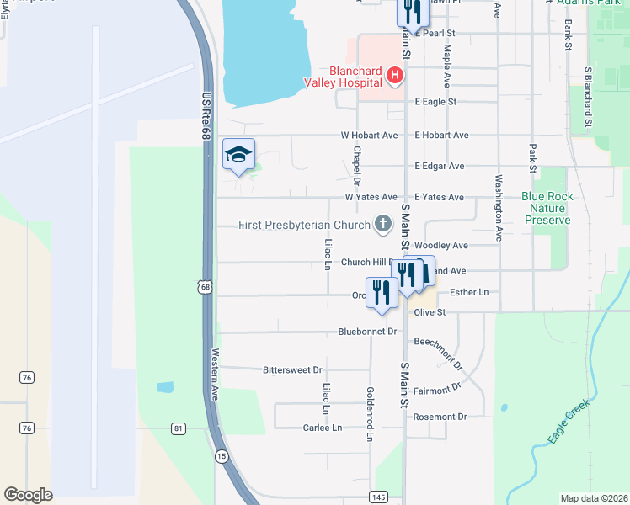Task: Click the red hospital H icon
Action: coord(394,77)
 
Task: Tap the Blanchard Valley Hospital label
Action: coord(344,77)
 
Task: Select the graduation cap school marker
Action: coord(238,155)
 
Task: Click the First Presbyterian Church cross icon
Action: coord(383,224)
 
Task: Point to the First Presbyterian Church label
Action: coord(305,225)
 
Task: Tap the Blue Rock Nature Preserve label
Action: coord(547,208)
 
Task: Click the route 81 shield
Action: coord(178,428)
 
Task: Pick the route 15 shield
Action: coord(221,455)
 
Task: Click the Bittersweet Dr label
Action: coord(292,369)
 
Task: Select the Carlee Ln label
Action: coord(323,428)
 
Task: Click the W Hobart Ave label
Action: coord(369,135)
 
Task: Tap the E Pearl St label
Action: coord(435,33)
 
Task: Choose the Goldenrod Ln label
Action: coord(369,415)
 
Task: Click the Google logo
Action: coord(28,494)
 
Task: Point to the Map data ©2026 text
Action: coord(593,498)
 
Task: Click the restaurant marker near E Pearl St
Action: coord(410,12)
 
